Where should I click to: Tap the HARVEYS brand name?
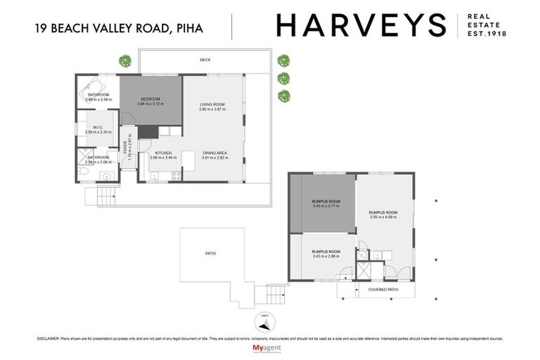pos(361,26)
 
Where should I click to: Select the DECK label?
pos(205,60)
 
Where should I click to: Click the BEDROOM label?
pos(150,98)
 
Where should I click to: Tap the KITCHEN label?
pos(163,153)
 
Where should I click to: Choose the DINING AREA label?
pos(214,153)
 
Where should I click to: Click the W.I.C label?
pos(98,127)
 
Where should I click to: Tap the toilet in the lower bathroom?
pos(82,172)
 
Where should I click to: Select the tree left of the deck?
pos(124,60)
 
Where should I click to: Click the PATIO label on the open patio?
pos(210,253)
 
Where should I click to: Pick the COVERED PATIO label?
pos(378,289)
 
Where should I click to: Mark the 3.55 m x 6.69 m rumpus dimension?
pos(382,217)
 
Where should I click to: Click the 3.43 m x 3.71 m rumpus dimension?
pos(326,206)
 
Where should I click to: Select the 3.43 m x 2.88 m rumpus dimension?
pos(326,256)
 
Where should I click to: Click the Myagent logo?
pos(269,348)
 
